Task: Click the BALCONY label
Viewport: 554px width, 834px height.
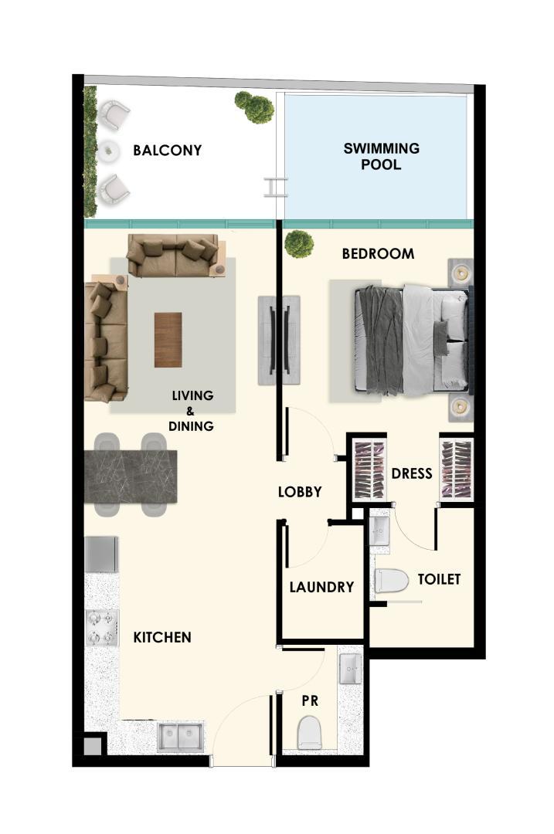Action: click(167, 151)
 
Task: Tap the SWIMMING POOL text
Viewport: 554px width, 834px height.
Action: click(381, 156)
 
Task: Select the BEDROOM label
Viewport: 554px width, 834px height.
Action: click(378, 254)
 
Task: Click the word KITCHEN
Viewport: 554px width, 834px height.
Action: click(161, 637)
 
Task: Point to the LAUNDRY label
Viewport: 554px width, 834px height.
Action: click(321, 587)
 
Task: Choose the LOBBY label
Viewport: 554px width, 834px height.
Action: click(300, 492)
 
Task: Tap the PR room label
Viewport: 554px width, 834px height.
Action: click(310, 701)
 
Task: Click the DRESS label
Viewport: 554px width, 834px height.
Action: click(411, 473)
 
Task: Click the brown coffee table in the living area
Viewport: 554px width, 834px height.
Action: click(168, 340)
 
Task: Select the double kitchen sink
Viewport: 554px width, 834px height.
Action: click(180, 737)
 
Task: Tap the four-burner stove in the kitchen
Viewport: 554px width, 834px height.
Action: click(102, 628)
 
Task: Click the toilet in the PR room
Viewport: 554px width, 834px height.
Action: click(309, 732)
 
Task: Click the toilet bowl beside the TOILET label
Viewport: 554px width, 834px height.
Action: click(391, 581)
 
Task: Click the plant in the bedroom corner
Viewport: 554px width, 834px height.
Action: click(298, 243)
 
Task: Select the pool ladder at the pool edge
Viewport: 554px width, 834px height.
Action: click(276, 187)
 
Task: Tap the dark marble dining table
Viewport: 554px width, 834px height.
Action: click(131, 476)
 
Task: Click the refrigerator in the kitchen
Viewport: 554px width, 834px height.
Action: click(101, 554)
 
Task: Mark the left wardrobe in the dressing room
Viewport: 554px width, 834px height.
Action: click(369, 470)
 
